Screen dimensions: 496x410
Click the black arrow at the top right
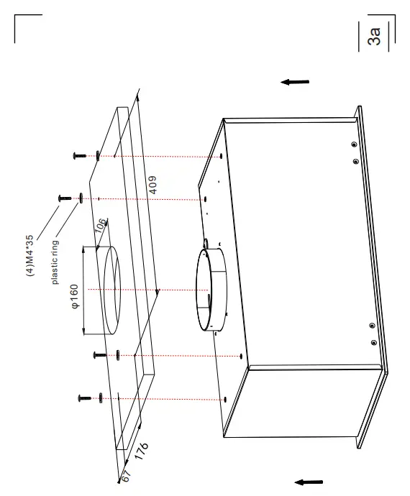tap(295, 82)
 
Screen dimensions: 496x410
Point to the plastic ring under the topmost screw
tap(98, 155)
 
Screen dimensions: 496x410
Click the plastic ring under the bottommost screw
tap(101, 397)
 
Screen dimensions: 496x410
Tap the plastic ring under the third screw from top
tap(116, 354)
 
